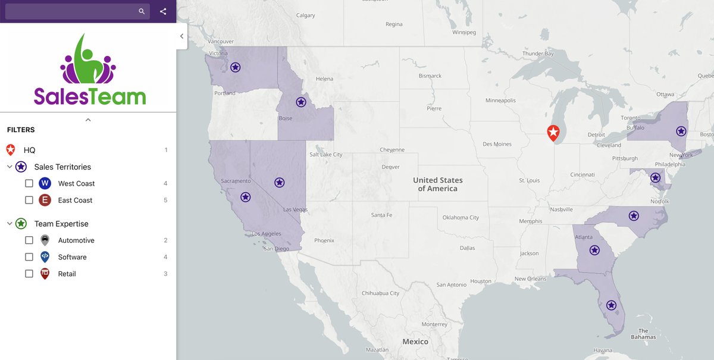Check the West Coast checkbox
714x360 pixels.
pos(29,183)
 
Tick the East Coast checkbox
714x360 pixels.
pos(29,200)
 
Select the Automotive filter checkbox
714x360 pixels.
pos(29,240)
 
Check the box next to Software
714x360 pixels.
pos(29,257)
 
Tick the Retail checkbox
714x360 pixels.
pos(29,274)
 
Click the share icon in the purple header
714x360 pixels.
pos(163,11)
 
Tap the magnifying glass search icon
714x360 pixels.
pos(142,11)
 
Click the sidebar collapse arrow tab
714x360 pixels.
pos(181,36)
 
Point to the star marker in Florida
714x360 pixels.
pos(611,305)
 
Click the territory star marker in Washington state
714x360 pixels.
pos(236,67)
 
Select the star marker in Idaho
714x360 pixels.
pos(301,102)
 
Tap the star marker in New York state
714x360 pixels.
pos(681,131)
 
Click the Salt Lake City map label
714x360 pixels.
pos(325,155)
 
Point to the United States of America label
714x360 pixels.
pos(438,184)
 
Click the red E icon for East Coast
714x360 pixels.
pos(45,200)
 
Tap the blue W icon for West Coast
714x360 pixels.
pos(45,183)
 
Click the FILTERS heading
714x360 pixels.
pos(21,130)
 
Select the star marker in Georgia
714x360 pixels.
pos(594,250)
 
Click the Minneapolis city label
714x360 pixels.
pos(500,101)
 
